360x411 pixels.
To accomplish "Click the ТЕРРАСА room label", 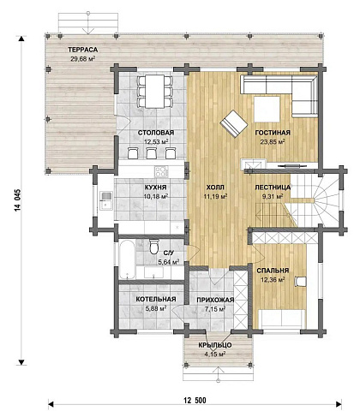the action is click(82, 50).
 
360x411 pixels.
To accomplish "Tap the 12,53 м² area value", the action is click(156, 141).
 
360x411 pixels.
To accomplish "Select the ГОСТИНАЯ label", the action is click(273, 133).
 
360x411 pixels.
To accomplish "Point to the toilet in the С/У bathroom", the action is click(154, 247).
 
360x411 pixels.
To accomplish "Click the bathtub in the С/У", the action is click(127, 259).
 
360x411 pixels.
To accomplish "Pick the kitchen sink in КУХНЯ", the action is click(106, 200).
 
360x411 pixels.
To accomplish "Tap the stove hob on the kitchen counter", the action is click(161, 171).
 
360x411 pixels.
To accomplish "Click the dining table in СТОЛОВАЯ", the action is click(154, 92).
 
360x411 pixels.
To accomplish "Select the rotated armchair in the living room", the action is click(234, 124).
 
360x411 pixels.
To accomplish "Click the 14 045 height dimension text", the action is click(17, 200).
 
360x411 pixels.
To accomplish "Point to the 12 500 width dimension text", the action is click(195, 401).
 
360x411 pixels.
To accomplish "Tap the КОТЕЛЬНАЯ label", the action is click(156, 299).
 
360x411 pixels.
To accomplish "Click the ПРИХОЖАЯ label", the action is click(215, 300).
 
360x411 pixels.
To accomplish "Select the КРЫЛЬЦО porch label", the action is click(215, 345).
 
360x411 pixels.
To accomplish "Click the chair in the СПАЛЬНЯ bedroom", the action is click(300, 282).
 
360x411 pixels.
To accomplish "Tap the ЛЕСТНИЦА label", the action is click(273, 188).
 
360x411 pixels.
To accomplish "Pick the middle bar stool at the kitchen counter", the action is click(152, 153).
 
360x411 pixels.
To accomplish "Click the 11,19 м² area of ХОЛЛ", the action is click(215, 196).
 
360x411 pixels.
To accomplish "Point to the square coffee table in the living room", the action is click(267, 110).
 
